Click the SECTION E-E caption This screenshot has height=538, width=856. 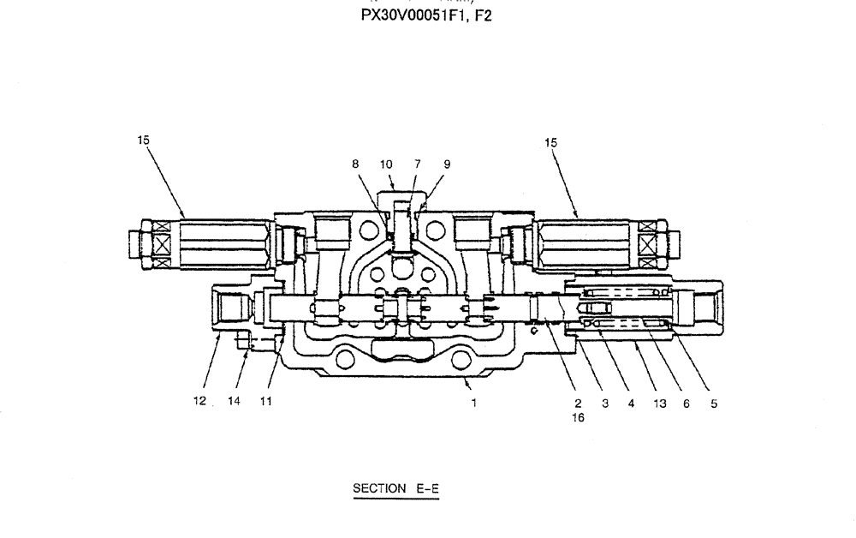pos(395,489)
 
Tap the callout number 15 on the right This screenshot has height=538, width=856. pos(550,143)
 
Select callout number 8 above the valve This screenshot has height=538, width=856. pos(355,164)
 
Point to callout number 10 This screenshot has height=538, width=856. pos(386,164)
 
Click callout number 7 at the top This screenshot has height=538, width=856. pos(417,164)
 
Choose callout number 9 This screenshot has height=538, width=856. pos(447,164)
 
